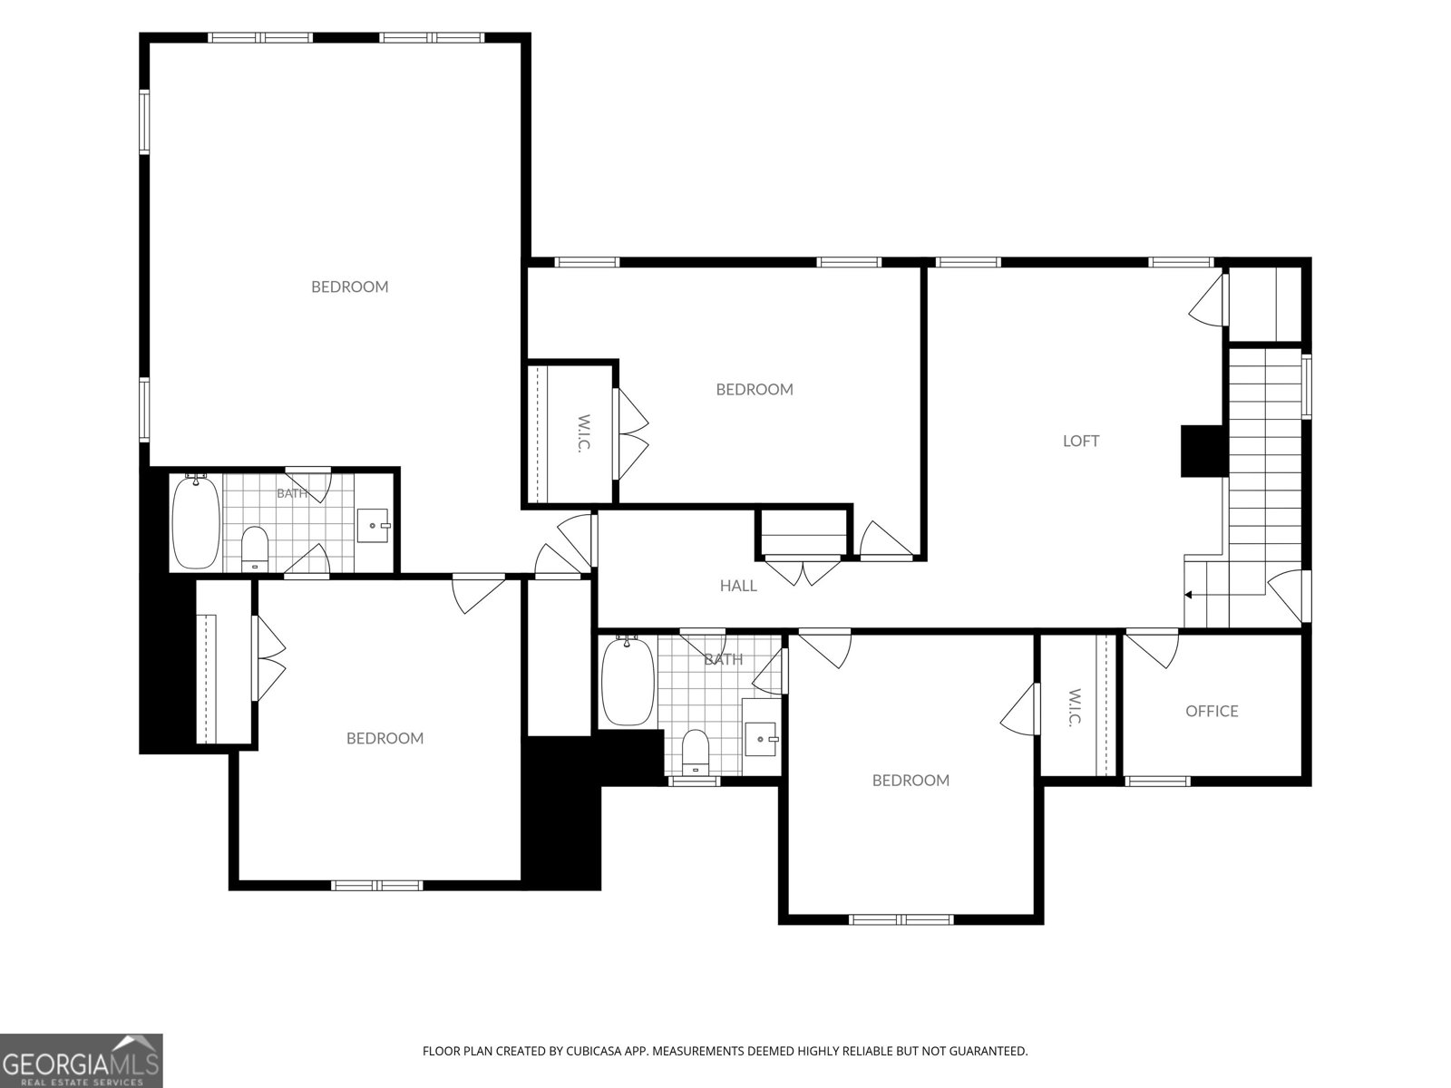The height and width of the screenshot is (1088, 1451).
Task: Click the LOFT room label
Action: click(1081, 441)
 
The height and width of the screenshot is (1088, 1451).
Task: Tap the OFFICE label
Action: click(1212, 711)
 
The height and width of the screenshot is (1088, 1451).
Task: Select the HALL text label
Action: click(738, 586)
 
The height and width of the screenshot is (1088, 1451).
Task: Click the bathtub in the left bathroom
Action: click(196, 521)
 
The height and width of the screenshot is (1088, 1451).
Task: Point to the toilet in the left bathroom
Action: click(255, 548)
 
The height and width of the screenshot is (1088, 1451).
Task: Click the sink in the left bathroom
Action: click(373, 526)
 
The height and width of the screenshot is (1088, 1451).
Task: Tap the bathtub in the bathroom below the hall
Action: click(628, 680)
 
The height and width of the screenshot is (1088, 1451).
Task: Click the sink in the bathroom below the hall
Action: click(762, 738)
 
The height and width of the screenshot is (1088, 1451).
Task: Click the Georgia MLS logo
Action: click(81, 1060)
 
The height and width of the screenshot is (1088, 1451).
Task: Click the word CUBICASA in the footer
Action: click(594, 1050)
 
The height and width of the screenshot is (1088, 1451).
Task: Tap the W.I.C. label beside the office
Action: click(1073, 708)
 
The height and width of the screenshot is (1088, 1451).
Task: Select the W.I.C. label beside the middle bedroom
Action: click(583, 432)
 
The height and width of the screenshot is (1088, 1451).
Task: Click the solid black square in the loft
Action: click(1204, 452)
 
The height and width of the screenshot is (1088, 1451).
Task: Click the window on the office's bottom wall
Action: click(1157, 782)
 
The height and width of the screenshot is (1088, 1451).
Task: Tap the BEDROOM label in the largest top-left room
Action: click(350, 287)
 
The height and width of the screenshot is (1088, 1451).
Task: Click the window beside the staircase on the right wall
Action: click(1306, 386)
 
